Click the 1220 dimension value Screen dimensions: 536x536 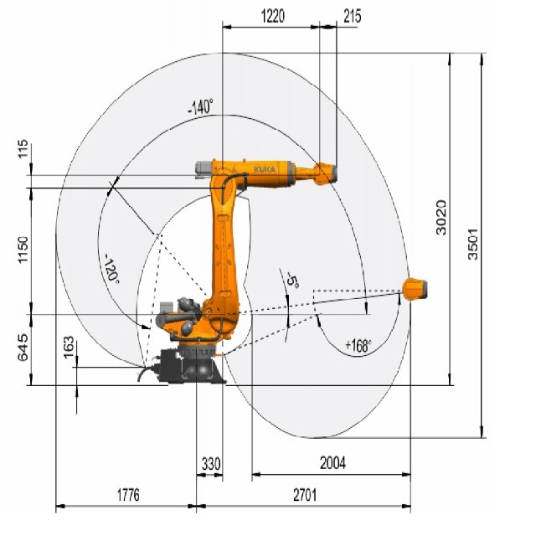pyautogui.click(x=272, y=16)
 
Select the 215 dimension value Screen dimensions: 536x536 pyautogui.click(x=352, y=16)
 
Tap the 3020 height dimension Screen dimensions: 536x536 pyautogui.click(x=441, y=218)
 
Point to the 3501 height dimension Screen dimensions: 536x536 pyautogui.click(x=473, y=244)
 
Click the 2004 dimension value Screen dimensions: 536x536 pyautogui.click(x=332, y=463)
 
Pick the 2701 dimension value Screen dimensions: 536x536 pyautogui.click(x=305, y=495)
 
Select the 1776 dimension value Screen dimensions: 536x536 pyautogui.click(x=128, y=495)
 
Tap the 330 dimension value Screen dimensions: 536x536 pyautogui.click(x=211, y=464)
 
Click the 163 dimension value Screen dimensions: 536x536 pyautogui.click(x=69, y=348)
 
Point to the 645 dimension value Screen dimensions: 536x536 pyautogui.click(x=23, y=348)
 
